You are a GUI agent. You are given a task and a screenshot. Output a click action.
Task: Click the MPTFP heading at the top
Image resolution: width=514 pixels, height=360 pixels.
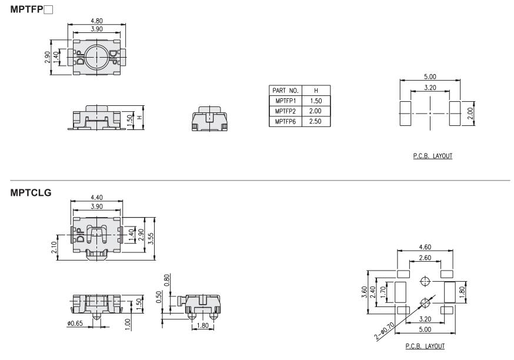(x=32, y=9)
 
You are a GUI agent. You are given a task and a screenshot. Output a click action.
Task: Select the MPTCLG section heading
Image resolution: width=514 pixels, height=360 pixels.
(x=31, y=192)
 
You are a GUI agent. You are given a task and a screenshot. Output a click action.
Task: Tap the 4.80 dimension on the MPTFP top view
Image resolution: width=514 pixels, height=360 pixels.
(x=96, y=21)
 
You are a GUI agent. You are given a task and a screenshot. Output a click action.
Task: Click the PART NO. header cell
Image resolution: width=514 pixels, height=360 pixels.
(x=285, y=91)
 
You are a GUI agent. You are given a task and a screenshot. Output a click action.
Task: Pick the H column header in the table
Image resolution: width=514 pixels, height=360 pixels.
(x=316, y=91)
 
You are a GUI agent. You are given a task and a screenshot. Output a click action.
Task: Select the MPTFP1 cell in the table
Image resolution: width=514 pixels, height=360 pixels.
(x=285, y=101)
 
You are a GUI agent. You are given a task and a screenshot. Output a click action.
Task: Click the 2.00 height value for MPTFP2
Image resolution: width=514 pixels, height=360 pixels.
(x=315, y=111)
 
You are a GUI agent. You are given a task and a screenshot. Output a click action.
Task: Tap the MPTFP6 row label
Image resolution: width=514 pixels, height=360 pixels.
(x=285, y=121)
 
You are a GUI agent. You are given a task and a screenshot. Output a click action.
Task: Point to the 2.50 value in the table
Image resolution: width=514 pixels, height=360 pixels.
(x=315, y=121)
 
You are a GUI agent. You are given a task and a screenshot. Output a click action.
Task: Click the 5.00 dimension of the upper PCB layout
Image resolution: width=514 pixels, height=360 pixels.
(x=430, y=76)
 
